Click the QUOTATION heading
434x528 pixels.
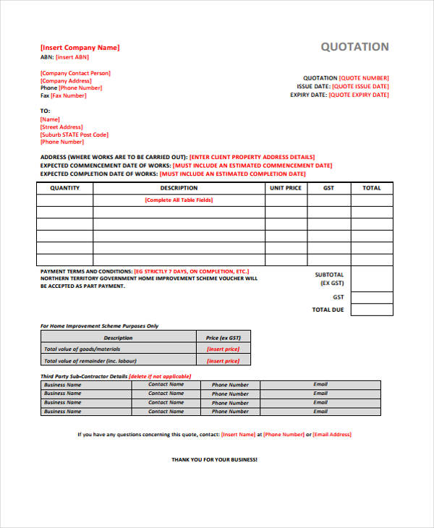(x=354, y=47)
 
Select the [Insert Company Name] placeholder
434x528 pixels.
(x=80, y=48)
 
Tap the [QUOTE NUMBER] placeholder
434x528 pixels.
(x=364, y=78)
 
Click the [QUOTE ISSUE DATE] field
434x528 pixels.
(x=360, y=86)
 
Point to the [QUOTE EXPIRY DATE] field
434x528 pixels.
(x=360, y=95)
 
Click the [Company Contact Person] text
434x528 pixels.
(x=75, y=73)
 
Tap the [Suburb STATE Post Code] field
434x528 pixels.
(x=75, y=135)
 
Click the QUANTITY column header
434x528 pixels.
(x=64, y=188)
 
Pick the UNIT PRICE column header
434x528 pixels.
(x=285, y=188)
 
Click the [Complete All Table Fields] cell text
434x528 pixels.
(x=179, y=200)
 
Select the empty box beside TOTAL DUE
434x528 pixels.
(x=372, y=310)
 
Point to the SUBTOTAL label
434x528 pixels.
(x=329, y=275)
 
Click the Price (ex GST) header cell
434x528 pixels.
(x=223, y=338)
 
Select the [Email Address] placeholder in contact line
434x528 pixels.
(x=332, y=435)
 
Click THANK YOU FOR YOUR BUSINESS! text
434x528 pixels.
(x=214, y=459)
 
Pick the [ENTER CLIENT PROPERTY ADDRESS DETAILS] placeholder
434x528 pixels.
(x=252, y=157)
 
